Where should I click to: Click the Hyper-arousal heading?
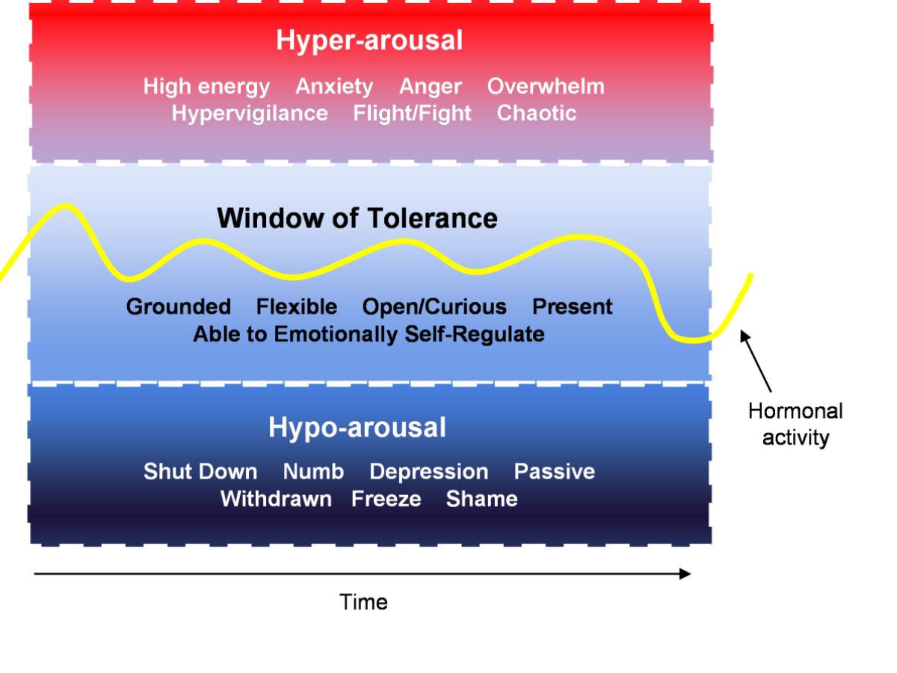369,40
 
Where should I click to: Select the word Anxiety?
334,87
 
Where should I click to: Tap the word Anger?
430,87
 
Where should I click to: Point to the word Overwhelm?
546,87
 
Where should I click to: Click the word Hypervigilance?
250,114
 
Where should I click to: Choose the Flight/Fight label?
412,114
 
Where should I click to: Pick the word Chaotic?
537,114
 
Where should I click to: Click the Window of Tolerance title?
357,218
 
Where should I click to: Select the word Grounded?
179,307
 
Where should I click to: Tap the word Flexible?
297,307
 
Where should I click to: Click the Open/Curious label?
434,307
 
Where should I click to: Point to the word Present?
573,307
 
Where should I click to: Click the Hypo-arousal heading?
357,428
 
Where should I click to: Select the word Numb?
313,472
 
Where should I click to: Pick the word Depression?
428,472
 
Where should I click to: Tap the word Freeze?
386,499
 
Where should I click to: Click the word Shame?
481,499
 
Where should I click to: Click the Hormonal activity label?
795,424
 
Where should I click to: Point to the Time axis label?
364,602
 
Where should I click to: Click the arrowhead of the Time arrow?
685,574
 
